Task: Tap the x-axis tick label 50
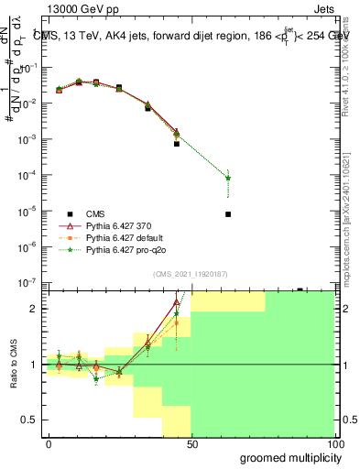pyautogui.click(x=191, y=443)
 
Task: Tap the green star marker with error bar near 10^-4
pyautogui.click(x=227, y=178)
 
